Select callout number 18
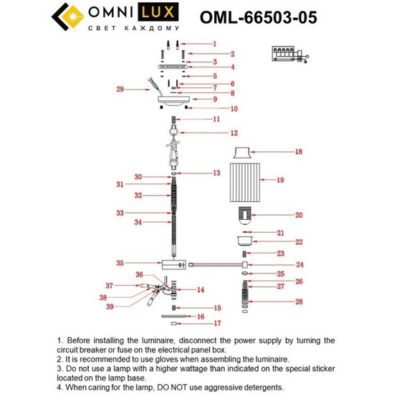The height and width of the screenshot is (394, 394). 299,152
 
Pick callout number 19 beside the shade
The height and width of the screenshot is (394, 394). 299,180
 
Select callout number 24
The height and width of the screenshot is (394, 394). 300,264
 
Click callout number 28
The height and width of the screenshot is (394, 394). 300,302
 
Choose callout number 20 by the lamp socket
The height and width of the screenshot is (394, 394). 299,215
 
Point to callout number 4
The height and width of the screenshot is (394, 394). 213,67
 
